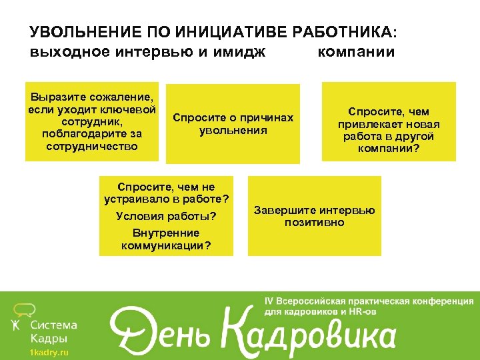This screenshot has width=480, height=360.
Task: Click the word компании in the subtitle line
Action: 356,52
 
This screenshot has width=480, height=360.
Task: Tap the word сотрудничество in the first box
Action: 92,145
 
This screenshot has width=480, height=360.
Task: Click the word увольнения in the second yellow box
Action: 233,130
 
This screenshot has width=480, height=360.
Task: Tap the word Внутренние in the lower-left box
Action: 166,233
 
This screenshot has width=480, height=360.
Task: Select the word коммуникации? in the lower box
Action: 166,245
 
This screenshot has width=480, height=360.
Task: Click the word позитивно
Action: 314,222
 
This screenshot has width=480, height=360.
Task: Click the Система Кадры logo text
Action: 53,331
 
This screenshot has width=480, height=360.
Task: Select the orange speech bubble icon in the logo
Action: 24,308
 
